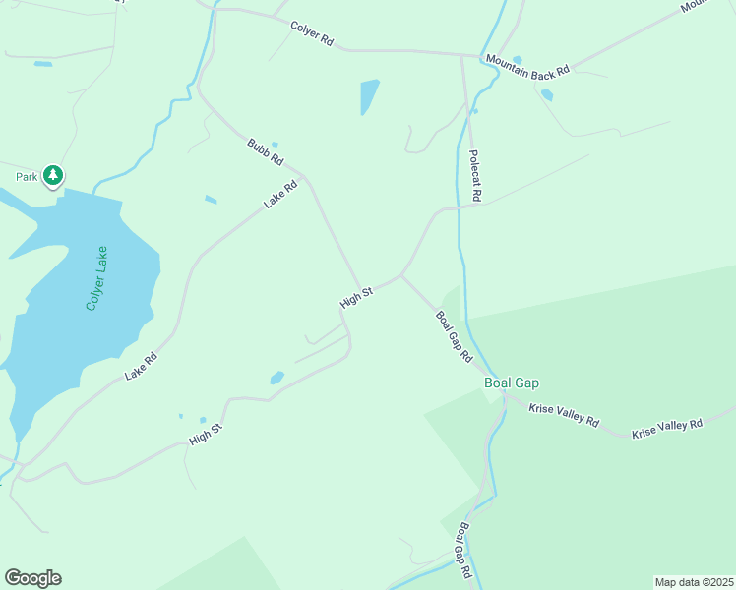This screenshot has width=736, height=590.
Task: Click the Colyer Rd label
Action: (x=313, y=34)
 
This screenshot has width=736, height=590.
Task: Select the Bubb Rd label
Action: (x=266, y=152)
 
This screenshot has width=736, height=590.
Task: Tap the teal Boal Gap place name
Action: (x=511, y=383)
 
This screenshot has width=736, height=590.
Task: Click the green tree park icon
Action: (x=53, y=176)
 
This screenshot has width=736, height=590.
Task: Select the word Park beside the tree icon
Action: (x=26, y=177)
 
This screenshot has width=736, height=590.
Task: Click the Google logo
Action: (x=32, y=578)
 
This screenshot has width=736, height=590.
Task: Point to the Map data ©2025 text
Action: (x=694, y=582)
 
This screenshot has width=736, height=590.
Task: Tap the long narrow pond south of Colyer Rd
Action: (x=369, y=96)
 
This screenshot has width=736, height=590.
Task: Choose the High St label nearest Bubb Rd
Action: (x=355, y=298)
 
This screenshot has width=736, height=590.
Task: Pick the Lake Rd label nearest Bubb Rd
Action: (x=280, y=195)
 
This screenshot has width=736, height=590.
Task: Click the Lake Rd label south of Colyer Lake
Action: (x=141, y=368)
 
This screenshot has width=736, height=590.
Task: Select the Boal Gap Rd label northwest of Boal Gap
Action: (x=454, y=337)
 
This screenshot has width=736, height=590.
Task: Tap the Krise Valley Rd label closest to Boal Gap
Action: (x=564, y=414)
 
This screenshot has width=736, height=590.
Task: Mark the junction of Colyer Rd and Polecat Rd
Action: (x=462, y=55)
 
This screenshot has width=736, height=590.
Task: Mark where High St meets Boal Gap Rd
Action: (x=400, y=275)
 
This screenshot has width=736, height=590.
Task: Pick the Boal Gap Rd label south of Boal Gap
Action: (x=463, y=549)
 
